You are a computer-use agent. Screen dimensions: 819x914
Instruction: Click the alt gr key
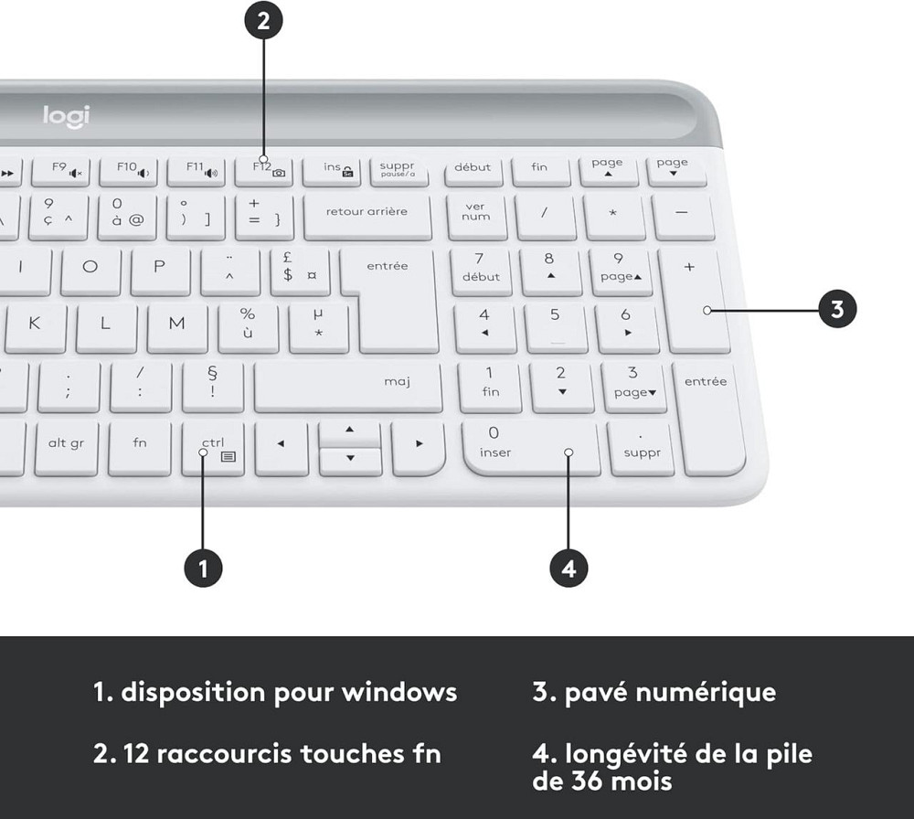[x=66, y=446]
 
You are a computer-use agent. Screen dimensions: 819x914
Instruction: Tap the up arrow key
[x=348, y=432]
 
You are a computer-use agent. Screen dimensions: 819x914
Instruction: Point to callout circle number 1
[x=203, y=568]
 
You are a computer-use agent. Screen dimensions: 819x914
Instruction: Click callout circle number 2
[x=263, y=22]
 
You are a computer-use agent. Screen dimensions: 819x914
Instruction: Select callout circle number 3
[x=837, y=310]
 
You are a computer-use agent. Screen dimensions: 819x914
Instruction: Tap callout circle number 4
[x=569, y=568]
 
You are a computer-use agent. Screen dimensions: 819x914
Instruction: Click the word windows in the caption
[x=399, y=692]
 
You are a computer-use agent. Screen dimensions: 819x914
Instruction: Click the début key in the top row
[x=473, y=170]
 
